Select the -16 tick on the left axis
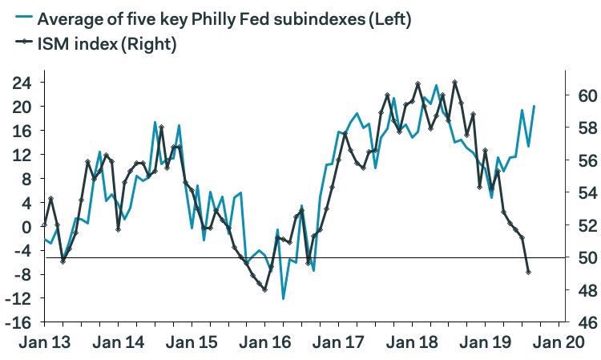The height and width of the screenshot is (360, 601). pos(19,322)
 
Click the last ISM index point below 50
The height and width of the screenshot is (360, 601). pos(528,272)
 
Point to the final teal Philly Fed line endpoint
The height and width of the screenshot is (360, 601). pos(534,106)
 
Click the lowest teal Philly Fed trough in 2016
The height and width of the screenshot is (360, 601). pos(283,299)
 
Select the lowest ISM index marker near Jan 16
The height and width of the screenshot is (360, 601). pos(265,289)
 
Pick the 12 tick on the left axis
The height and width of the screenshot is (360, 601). pos(22,154)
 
